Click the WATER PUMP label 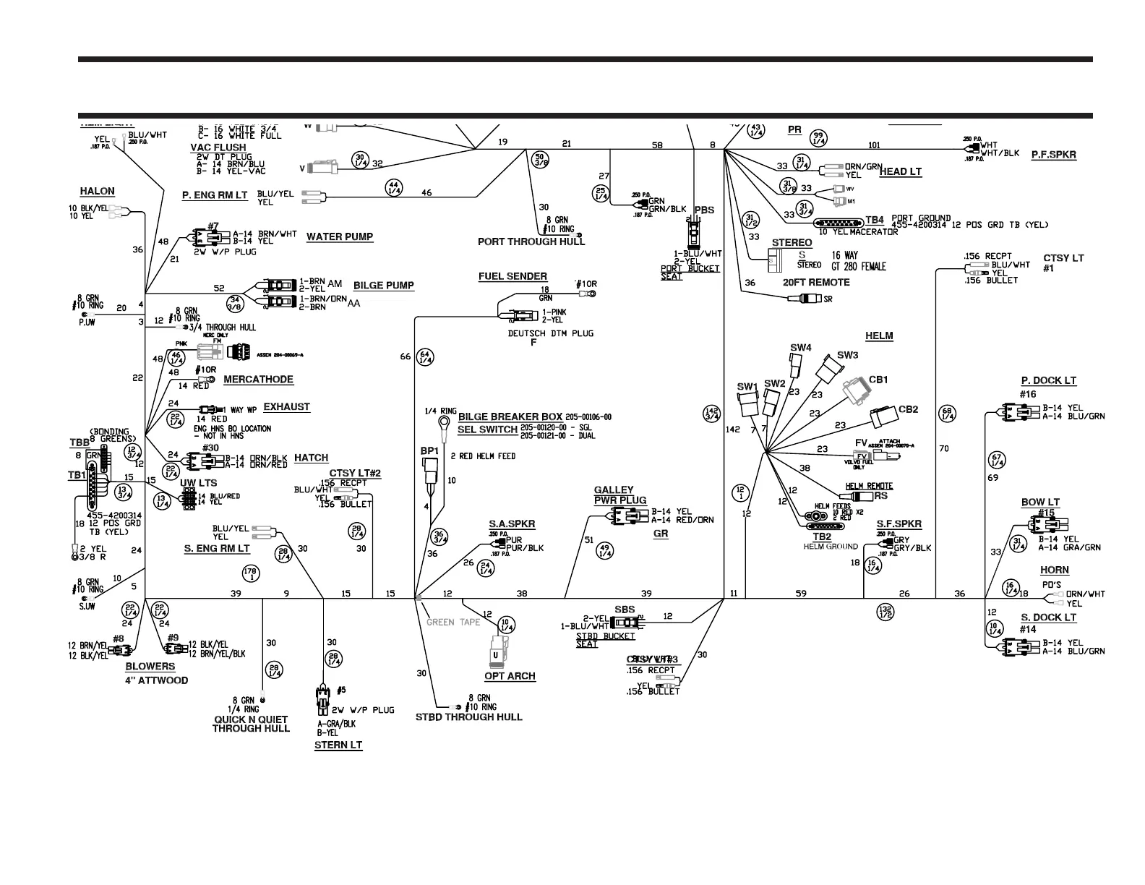[x=340, y=236]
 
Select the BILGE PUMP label [x=384, y=286]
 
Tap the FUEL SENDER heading [x=513, y=276]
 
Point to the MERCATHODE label [x=258, y=380]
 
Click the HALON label [x=97, y=192]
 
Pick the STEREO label [x=792, y=243]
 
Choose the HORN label [x=1054, y=570]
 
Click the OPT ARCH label [x=510, y=676]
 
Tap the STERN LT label [x=338, y=745]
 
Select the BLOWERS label [x=150, y=667]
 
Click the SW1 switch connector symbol [x=747, y=403]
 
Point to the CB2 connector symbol [x=883, y=417]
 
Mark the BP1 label [x=429, y=451]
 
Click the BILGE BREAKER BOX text [x=510, y=417]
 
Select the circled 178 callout [x=252, y=573]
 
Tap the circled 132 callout [x=885, y=612]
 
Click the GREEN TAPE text [x=453, y=622]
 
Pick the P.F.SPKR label [x=1053, y=155]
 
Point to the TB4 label [x=875, y=220]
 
